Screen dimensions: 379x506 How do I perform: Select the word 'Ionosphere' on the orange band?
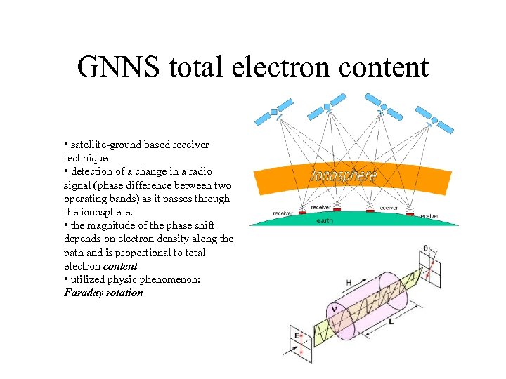(344, 175)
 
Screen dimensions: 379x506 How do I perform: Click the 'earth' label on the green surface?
(325, 220)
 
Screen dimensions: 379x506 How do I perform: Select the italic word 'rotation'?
(124, 293)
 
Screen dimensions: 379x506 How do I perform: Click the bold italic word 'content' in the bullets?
(120, 266)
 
